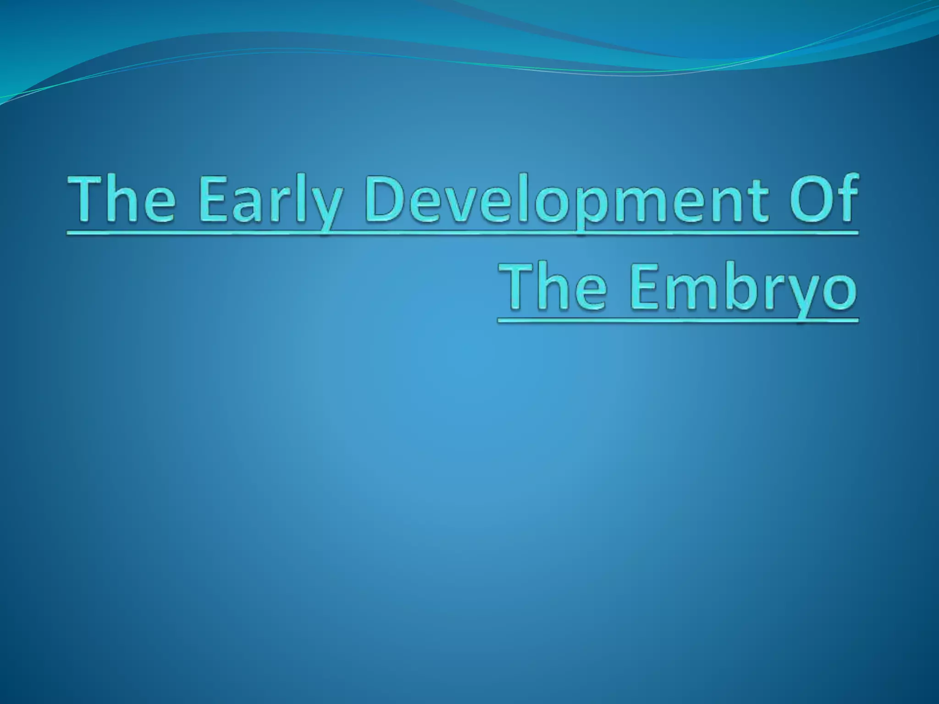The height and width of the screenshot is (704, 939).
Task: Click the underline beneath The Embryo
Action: point(678,321)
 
